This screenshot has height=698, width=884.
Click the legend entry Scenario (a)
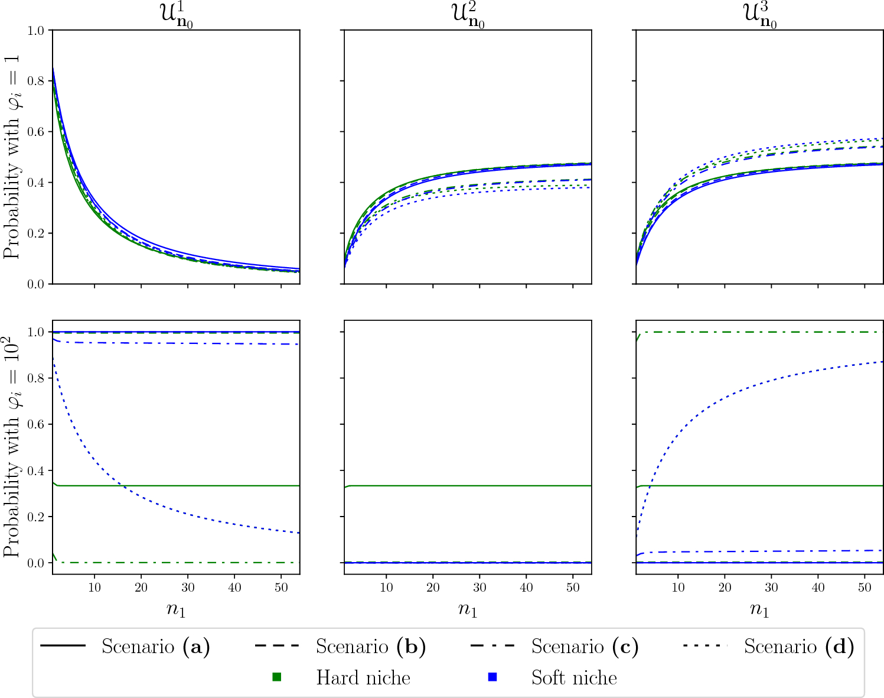point(155,647)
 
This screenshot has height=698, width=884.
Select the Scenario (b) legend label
point(370,647)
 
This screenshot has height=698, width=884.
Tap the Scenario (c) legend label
point(585,647)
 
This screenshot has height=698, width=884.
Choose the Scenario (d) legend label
point(798,647)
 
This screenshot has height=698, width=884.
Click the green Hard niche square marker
point(276,677)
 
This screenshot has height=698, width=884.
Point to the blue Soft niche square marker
point(492,677)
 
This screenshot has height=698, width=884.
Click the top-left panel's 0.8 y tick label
point(36,81)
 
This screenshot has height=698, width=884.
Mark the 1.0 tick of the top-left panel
point(36,30)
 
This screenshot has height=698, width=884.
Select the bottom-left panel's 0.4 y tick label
point(36,471)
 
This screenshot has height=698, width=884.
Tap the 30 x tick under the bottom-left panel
point(187,587)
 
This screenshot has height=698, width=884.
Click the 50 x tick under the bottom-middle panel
point(573,587)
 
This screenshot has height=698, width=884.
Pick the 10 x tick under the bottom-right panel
point(678,587)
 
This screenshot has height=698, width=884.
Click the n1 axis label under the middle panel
point(467,609)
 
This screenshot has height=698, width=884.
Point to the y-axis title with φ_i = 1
point(12,157)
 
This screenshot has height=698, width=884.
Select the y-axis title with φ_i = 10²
point(12,446)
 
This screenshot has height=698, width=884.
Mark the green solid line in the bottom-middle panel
point(467,486)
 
